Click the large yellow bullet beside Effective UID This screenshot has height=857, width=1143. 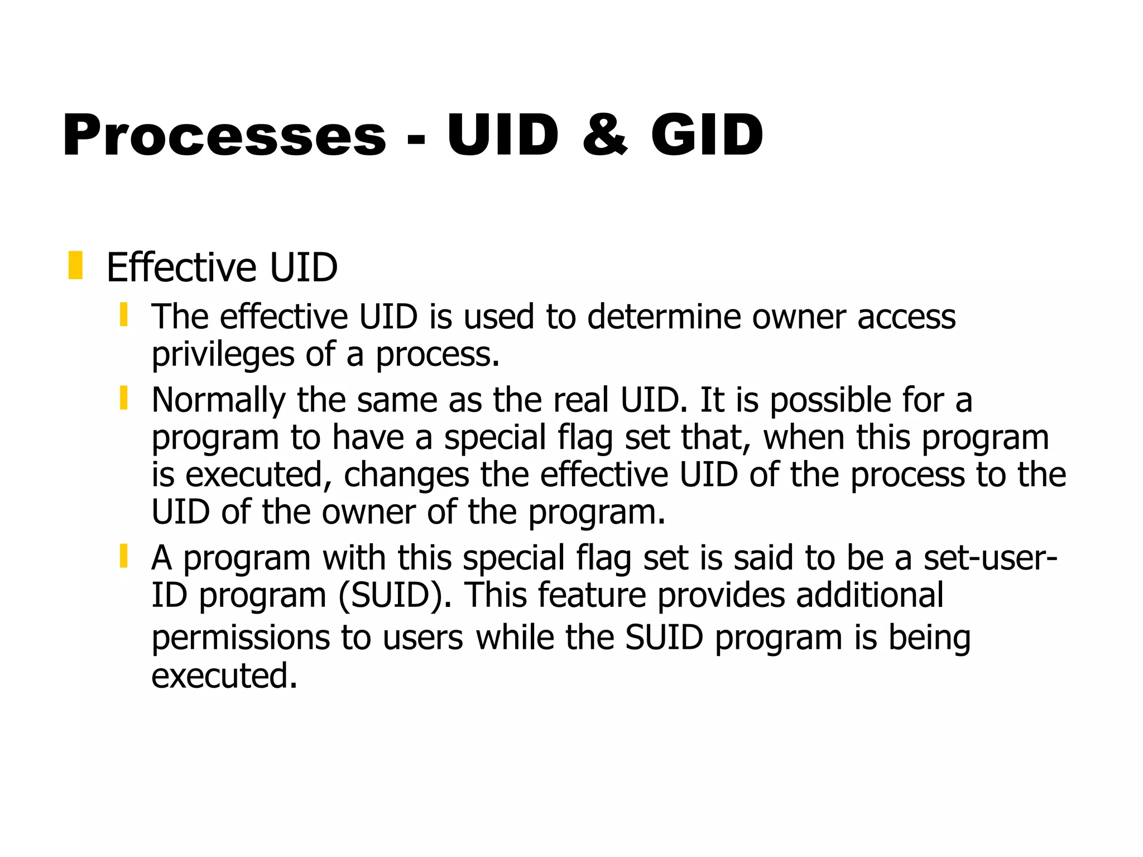(x=75, y=266)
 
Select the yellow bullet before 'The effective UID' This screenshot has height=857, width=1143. (x=124, y=315)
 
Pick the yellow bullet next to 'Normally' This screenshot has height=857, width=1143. (x=124, y=398)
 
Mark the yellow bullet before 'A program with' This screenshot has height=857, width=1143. (x=124, y=556)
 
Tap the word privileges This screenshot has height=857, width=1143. (x=223, y=355)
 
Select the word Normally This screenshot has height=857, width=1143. (x=218, y=401)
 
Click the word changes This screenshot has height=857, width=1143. (x=406, y=475)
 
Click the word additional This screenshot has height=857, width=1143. (x=870, y=595)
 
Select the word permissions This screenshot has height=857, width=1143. (x=241, y=638)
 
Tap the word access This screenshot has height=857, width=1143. (x=906, y=317)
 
